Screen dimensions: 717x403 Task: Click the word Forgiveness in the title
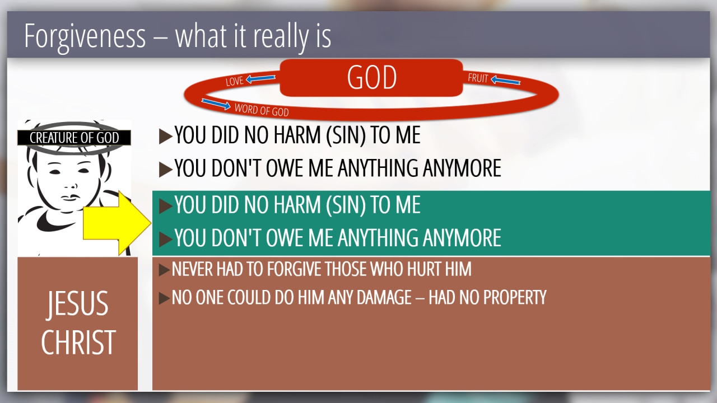[x=85, y=37]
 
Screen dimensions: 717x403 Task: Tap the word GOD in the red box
[x=371, y=77]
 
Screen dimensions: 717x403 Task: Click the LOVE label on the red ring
[x=235, y=81]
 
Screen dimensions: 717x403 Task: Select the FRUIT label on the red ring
[x=478, y=78]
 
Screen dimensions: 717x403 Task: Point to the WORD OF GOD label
[x=262, y=110]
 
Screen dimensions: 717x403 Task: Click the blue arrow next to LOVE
[x=260, y=78]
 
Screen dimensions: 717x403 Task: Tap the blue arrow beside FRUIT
[x=505, y=80]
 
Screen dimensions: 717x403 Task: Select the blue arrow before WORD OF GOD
[x=216, y=104]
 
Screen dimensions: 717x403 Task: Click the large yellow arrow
[x=117, y=223]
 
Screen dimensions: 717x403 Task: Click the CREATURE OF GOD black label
[x=74, y=138]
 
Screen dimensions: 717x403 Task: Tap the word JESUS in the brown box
[x=78, y=303]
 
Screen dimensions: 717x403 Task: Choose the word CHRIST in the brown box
[x=78, y=342]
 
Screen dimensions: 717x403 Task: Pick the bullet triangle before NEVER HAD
[x=164, y=270]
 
